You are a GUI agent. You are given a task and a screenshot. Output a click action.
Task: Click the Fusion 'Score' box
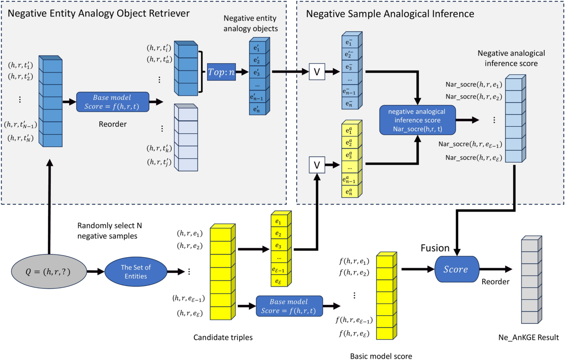[x=456, y=270]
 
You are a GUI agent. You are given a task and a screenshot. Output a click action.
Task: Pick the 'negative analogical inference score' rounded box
[x=418, y=119]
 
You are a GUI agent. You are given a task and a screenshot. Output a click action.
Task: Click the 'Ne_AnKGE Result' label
[x=528, y=337]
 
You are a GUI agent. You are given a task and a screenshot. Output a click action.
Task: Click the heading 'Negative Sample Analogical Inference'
[x=390, y=14]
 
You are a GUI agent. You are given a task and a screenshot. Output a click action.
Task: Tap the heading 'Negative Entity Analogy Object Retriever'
[x=98, y=14]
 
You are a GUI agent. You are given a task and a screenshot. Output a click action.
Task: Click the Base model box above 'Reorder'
[x=113, y=101]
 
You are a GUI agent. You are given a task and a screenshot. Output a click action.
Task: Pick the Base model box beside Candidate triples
[x=289, y=306]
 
